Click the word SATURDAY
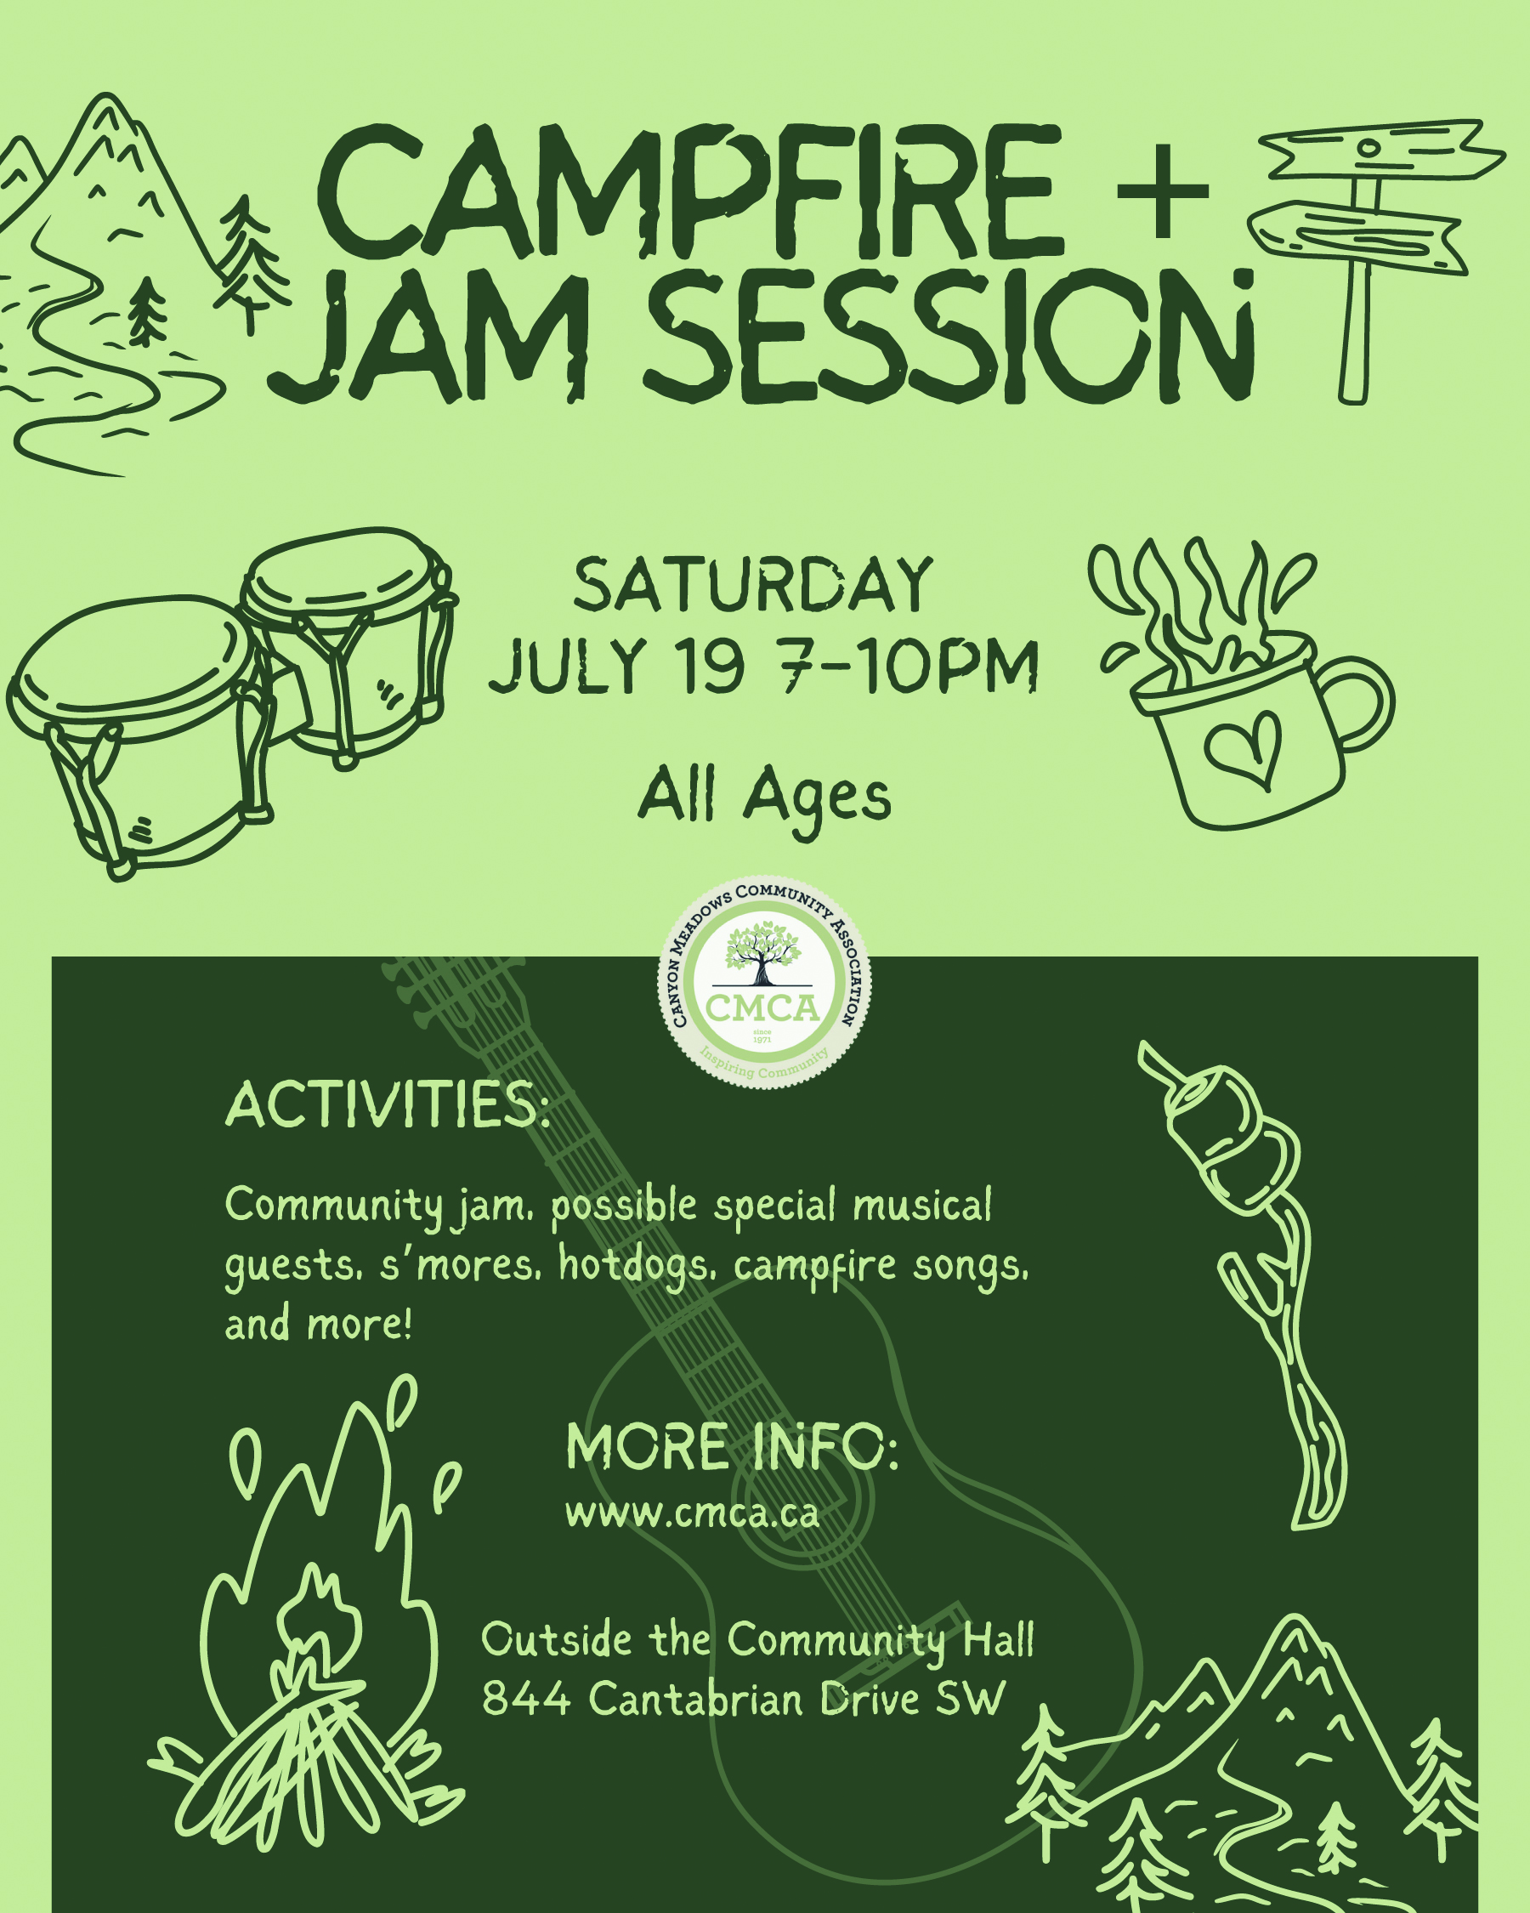point(753,585)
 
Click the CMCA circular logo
point(763,982)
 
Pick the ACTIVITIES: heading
point(387,1104)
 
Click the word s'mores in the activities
point(460,1264)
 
